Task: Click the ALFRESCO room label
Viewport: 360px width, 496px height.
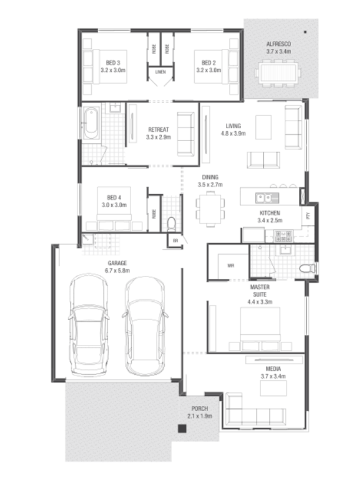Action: [278, 44]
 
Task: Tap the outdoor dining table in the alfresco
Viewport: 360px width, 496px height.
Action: [278, 74]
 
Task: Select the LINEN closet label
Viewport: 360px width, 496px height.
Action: [161, 72]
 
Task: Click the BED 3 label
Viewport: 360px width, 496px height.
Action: [113, 63]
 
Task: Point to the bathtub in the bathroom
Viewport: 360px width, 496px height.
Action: [91, 123]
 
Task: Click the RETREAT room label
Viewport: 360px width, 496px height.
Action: [158, 129]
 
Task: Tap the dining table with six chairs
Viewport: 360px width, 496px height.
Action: [210, 209]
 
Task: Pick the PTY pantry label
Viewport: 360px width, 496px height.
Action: [308, 216]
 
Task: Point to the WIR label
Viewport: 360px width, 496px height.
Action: [231, 266]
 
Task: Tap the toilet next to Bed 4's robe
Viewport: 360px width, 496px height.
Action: [171, 224]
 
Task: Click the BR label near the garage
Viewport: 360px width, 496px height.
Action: [175, 241]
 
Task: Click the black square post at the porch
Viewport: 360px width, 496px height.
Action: [182, 428]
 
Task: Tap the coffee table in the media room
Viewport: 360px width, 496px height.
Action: [274, 388]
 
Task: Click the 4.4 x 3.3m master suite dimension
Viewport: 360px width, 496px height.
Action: [260, 302]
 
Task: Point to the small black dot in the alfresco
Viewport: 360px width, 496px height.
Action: [305, 32]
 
